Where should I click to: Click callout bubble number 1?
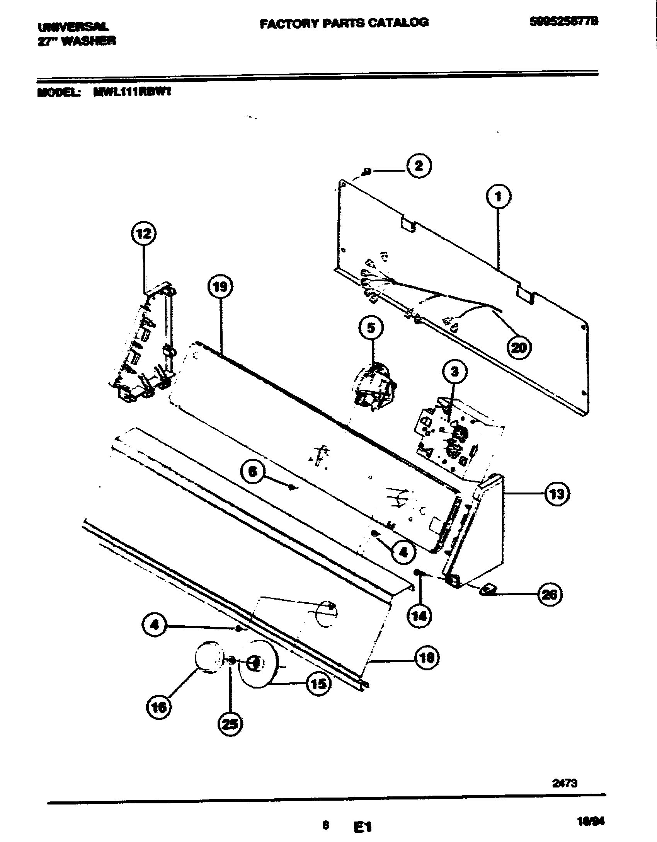click(498, 197)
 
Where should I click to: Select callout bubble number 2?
click(419, 166)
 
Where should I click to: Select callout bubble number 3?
click(454, 372)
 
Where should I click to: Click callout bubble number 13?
click(557, 494)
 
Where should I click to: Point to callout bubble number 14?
click(420, 615)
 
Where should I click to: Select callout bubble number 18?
click(427, 657)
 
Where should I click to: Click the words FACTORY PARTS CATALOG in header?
click(344, 23)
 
